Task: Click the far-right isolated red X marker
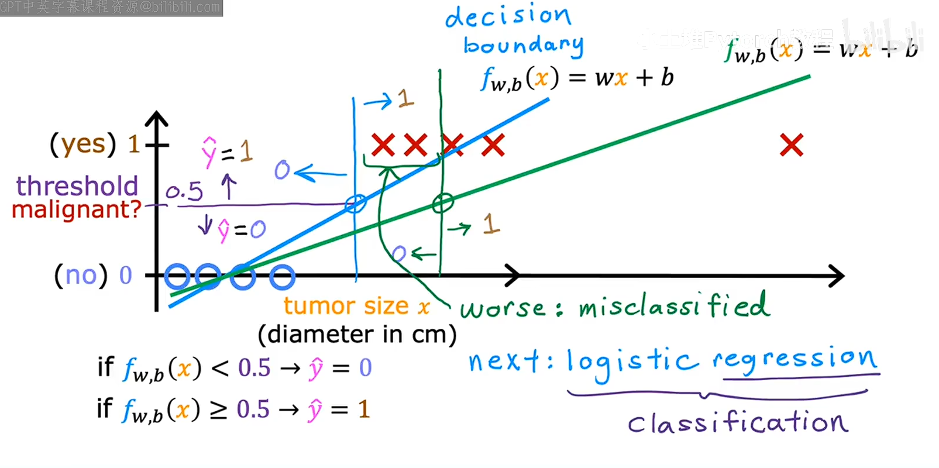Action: point(792,145)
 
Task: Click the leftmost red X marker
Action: point(383,144)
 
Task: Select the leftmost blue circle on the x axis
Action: point(177,276)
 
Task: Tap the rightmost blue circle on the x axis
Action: point(282,277)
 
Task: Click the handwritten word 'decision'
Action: point(508,16)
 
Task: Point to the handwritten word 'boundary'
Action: point(523,45)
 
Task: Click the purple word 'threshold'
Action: point(77,186)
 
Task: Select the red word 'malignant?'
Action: point(77,209)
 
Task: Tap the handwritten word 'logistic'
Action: point(632,362)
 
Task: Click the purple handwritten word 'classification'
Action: point(738,422)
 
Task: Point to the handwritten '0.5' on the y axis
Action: point(184,191)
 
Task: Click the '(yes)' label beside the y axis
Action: point(82,144)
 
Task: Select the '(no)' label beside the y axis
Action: point(81,275)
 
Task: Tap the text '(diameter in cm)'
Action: point(357,335)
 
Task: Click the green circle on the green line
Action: point(443,203)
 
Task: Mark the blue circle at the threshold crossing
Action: point(355,203)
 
